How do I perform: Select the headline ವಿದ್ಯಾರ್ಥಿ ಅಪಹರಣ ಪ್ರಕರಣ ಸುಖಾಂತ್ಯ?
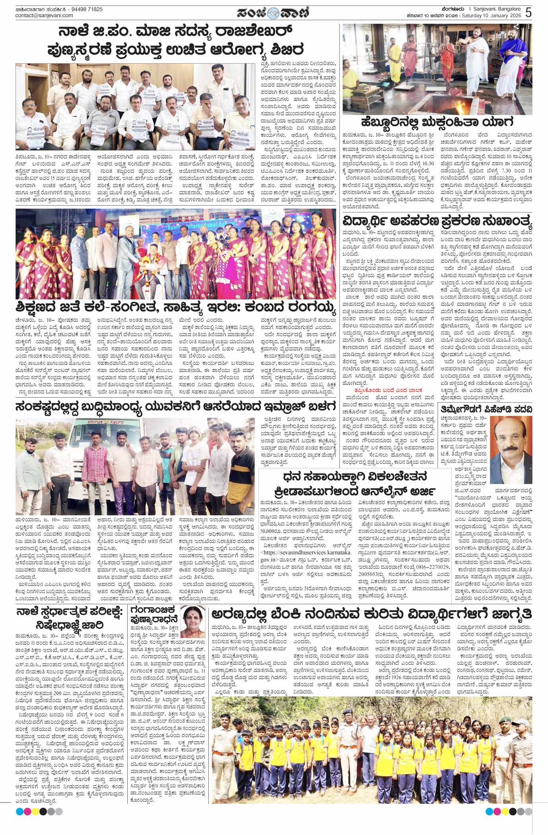pyautogui.click(x=438, y=220)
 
